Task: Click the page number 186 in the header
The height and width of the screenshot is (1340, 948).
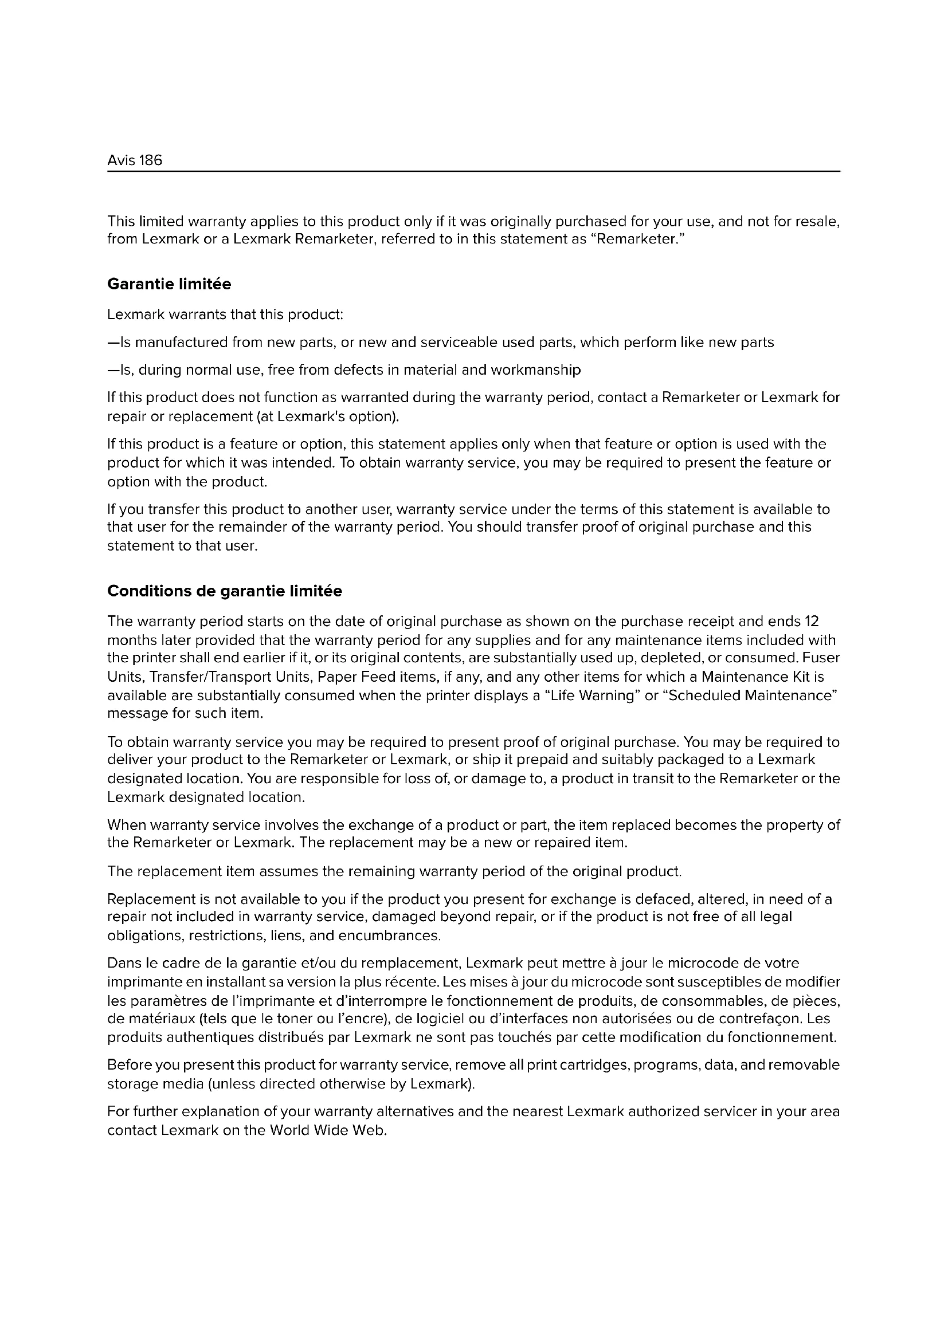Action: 151,160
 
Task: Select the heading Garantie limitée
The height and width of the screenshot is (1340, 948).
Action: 169,284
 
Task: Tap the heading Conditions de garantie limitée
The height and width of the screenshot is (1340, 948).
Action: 225,591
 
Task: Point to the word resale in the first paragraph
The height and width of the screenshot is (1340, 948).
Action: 818,222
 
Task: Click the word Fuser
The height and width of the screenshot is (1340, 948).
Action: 821,658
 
